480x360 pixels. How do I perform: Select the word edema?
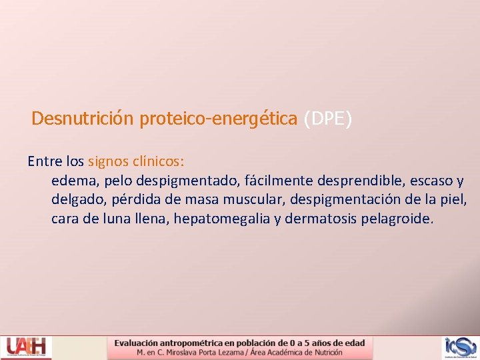pos(72,181)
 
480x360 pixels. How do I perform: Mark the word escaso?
pos(429,181)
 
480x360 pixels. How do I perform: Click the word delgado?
pos(76,200)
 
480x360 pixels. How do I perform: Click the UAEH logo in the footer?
pos(26,347)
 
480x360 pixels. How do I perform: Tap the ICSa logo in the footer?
pos(461,347)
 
